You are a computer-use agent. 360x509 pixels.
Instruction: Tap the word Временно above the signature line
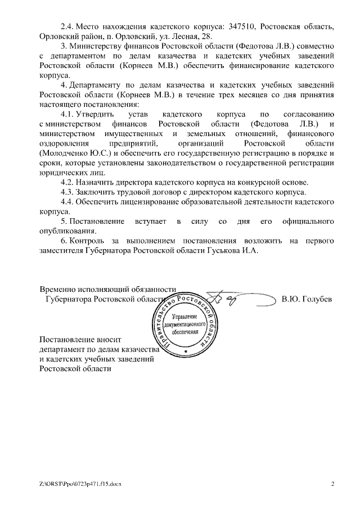click(x=60, y=290)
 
